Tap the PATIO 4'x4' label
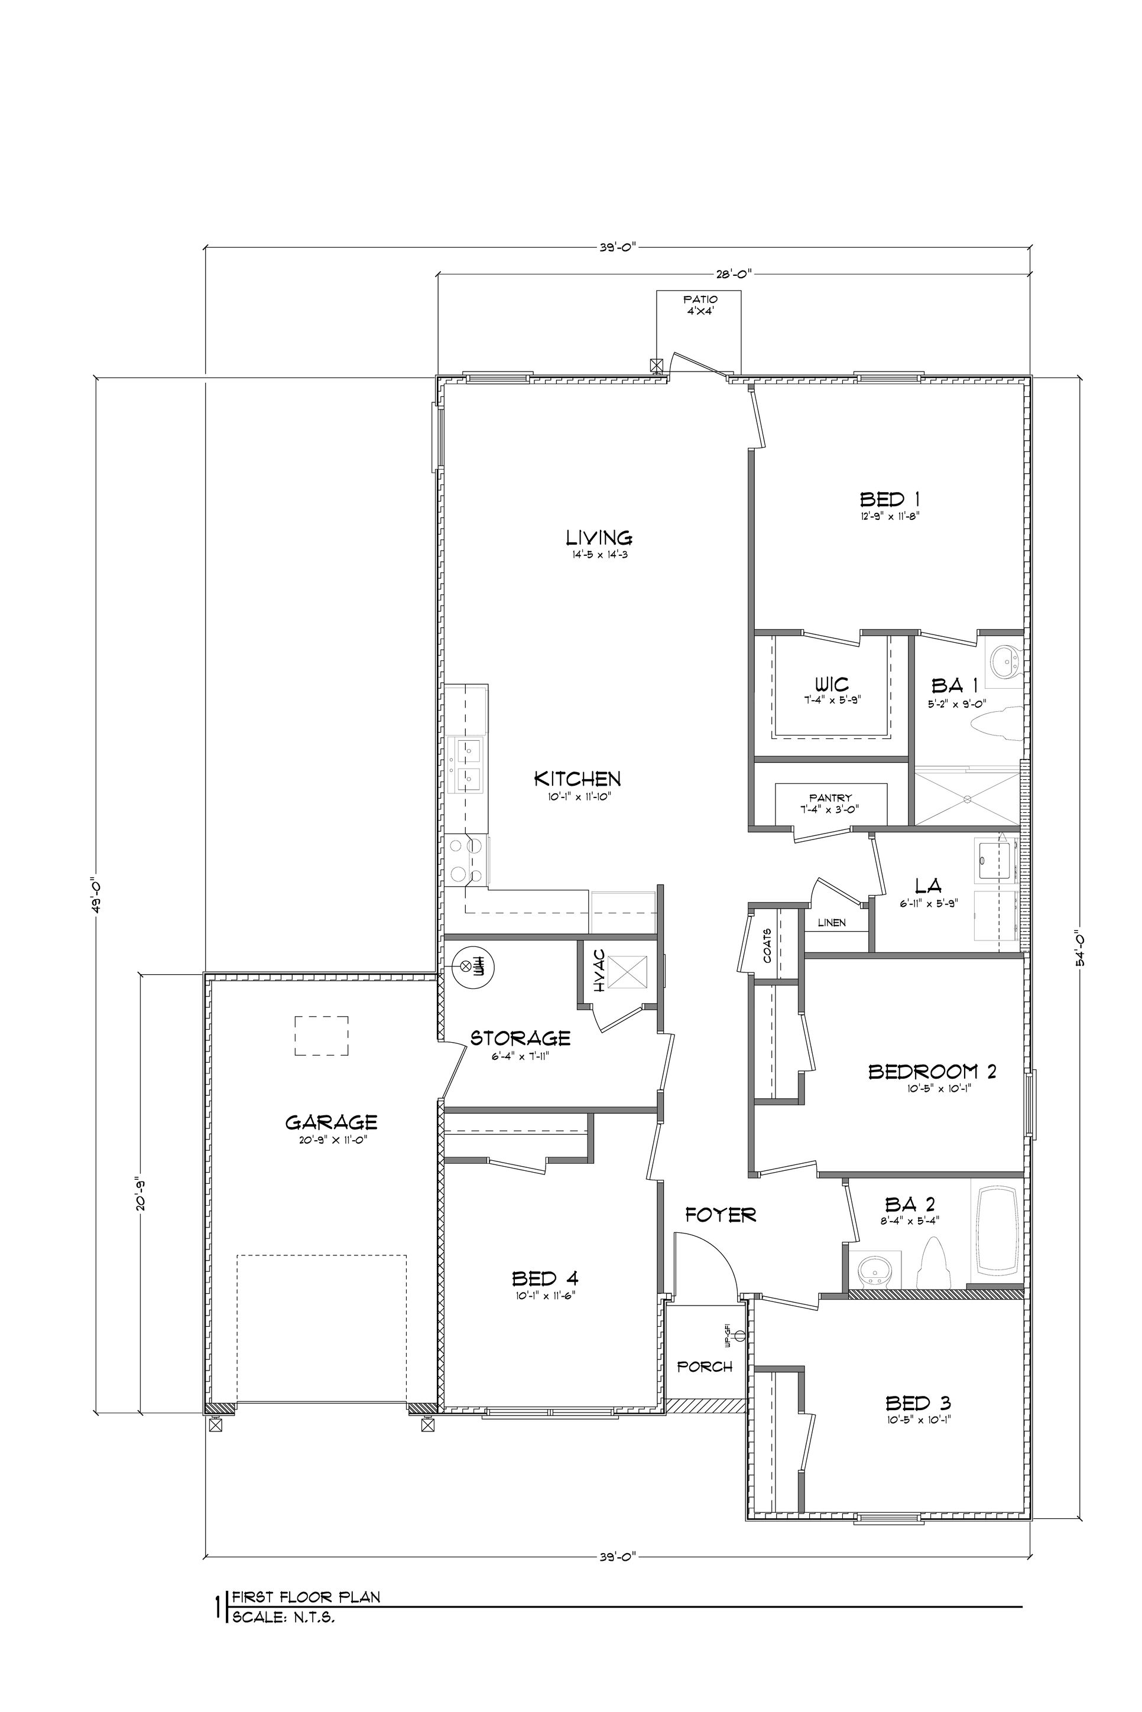coord(699,304)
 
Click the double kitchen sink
coord(468,764)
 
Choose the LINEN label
coord(831,922)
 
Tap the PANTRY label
coord(830,798)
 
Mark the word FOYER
coord(721,1214)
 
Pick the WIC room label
coord(831,684)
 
